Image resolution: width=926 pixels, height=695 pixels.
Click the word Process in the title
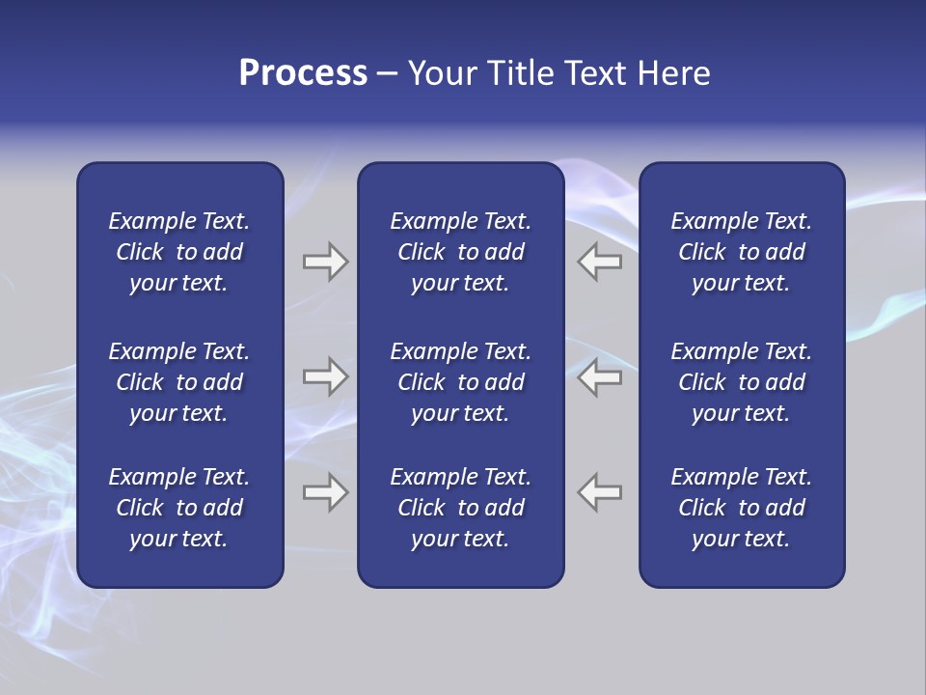[303, 73]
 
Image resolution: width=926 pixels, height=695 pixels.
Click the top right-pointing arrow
[325, 262]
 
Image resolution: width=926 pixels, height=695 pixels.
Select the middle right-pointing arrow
[325, 377]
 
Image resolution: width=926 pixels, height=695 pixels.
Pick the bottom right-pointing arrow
[325, 492]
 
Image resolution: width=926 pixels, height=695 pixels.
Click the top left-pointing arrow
[600, 262]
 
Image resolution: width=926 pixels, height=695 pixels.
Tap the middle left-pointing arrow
[600, 377]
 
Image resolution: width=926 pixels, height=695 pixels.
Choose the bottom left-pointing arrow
[600, 492]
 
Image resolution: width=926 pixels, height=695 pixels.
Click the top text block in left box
[179, 252]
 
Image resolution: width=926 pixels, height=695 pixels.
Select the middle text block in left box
[179, 382]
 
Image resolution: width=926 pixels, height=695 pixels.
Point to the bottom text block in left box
[179, 508]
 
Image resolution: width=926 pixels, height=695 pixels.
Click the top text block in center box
[460, 252]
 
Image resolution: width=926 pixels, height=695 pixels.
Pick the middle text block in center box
[460, 382]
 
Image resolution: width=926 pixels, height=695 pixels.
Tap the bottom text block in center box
[460, 508]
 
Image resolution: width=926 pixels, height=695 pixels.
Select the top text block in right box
[742, 252]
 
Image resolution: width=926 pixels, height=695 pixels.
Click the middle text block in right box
[742, 382]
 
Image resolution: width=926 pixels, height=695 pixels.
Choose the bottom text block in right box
[742, 508]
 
